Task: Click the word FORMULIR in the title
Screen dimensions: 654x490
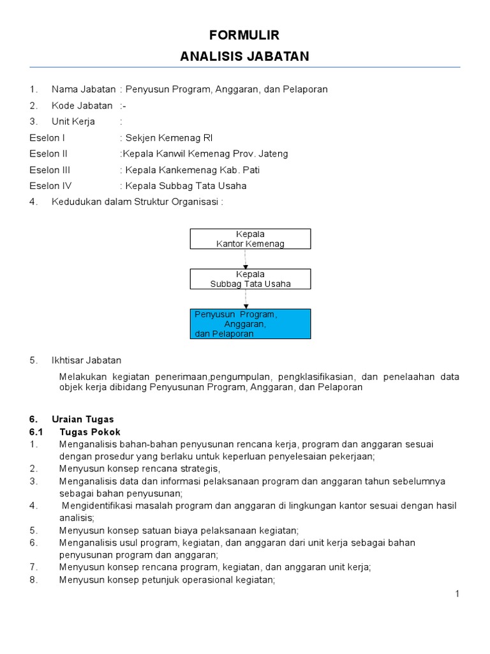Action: [x=244, y=34]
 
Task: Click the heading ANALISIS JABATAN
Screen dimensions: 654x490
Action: [x=244, y=56]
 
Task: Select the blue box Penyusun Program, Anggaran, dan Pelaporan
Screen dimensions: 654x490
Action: [x=250, y=324]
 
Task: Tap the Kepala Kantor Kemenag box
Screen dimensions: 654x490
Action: [x=250, y=239]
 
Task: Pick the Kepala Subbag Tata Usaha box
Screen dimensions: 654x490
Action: [x=250, y=279]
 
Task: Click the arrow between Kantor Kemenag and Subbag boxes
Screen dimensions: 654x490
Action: [x=245, y=259]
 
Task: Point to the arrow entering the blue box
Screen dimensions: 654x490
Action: [x=245, y=299]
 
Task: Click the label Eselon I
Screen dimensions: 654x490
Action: [x=47, y=137]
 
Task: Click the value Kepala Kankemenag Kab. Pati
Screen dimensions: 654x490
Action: [x=192, y=170]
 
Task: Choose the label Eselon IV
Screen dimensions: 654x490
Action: [x=50, y=186]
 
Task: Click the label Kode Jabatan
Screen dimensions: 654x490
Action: [x=82, y=105]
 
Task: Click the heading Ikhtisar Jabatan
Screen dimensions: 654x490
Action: [x=86, y=360]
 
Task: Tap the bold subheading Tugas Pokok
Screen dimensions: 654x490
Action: [x=89, y=432]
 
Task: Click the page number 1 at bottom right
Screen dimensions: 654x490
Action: [x=457, y=594]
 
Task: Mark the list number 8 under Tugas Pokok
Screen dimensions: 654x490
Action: [x=34, y=580]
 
